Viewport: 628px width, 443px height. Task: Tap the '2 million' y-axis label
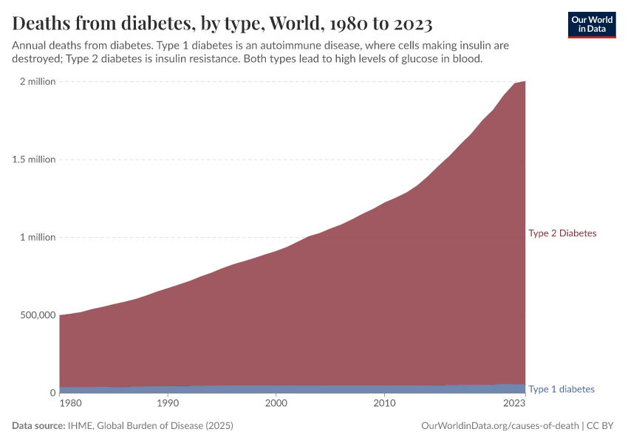[37, 81]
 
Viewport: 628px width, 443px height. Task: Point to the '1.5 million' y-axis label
[34, 159]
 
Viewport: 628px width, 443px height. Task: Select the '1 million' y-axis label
[37, 237]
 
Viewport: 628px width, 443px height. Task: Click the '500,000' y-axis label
[35, 315]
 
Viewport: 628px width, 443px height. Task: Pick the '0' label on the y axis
[52, 393]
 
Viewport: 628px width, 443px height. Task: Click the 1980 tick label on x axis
[70, 404]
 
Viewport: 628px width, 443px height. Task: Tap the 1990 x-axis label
[168, 404]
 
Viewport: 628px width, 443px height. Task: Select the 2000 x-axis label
[276, 404]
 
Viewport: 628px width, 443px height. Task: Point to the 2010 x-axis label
[383, 404]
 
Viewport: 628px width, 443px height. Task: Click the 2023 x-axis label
[513, 404]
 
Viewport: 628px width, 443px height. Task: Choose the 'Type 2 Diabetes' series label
[562, 233]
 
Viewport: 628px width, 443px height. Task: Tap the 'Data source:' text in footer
[38, 426]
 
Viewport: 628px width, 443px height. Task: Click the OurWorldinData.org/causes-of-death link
[499, 426]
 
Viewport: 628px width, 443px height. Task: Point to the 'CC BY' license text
[601, 426]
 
